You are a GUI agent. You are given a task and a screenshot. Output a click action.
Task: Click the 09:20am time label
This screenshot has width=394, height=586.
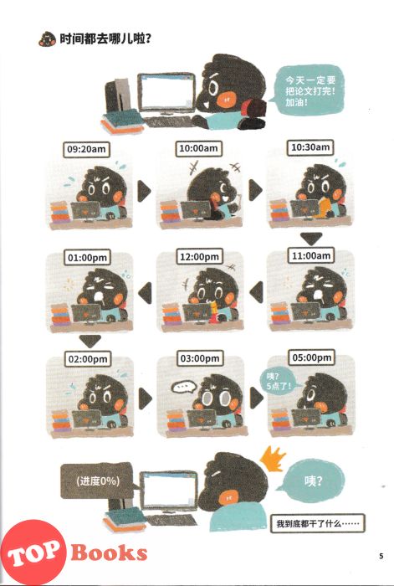(x=86, y=150)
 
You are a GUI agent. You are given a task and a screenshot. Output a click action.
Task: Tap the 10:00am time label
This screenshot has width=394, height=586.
(x=198, y=149)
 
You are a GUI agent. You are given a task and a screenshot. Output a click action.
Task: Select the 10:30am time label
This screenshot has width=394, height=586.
(x=310, y=147)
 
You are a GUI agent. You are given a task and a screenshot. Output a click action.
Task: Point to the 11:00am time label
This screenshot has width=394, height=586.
(x=311, y=255)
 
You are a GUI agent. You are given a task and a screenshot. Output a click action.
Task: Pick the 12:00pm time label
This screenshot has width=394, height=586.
(x=199, y=257)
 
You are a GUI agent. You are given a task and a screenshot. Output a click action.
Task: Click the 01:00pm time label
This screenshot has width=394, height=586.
(x=87, y=258)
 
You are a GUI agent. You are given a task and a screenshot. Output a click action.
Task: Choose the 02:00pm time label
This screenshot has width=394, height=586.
(x=88, y=359)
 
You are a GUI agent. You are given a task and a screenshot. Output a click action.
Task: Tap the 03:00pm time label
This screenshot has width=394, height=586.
(x=200, y=358)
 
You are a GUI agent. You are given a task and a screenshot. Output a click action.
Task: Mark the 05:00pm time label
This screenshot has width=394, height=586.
(x=312, y=357)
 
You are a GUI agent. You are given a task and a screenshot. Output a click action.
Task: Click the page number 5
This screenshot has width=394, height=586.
(x=381, y=556)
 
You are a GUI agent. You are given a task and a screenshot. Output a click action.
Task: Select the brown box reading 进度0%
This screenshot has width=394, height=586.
(x=97, y=481)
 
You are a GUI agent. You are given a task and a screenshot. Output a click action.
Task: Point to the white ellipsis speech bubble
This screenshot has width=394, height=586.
(x=184, y=387)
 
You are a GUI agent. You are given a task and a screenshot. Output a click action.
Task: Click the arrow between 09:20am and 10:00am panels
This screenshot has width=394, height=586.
(x=143, y=192)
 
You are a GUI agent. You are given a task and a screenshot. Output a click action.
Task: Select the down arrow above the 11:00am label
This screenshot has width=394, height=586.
(x=311, y=239)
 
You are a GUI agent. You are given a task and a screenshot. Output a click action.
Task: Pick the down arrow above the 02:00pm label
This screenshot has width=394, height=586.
(x=90, y=341)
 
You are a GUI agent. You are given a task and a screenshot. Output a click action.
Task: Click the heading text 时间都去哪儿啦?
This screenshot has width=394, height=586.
(x=105, y=39)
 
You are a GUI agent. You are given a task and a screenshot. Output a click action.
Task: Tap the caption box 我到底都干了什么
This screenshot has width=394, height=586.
(x=317, y=523)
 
